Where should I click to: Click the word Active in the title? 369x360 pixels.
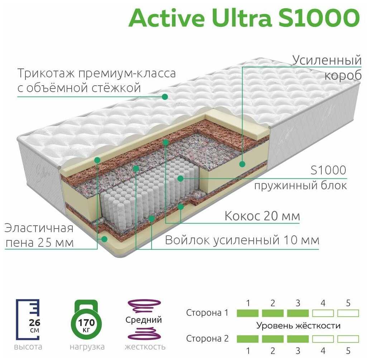tap(166, 18)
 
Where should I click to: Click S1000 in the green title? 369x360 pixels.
tap(319, 18)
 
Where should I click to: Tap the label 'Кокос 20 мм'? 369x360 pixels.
tap(262, 216)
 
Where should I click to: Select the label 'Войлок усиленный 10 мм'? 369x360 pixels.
tap(242, 240)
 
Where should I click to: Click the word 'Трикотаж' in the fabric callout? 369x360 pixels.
tap(46, 73)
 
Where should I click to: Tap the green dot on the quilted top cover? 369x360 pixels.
tap(165, 96)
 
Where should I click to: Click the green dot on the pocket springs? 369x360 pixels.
tap(180, 179)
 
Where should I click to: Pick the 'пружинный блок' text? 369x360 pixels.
tap(300, 186)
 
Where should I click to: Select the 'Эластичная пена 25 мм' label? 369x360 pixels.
tap(39, 235)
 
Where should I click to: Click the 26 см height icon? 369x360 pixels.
tap(28, 320)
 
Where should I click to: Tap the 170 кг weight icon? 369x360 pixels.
tap(86, 320)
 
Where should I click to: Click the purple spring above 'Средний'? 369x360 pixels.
tap(144, 306)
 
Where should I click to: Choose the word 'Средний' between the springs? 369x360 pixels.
tap(144, 320)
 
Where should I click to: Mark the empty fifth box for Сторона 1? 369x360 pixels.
tap(348, 313)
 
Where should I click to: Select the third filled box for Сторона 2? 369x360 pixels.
tap(298, 339)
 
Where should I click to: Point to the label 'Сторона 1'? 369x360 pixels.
tap(207, 313)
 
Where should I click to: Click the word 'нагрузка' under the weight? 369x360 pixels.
tap(87, 347)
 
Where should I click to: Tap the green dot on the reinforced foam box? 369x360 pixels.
tap(242, 164)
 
